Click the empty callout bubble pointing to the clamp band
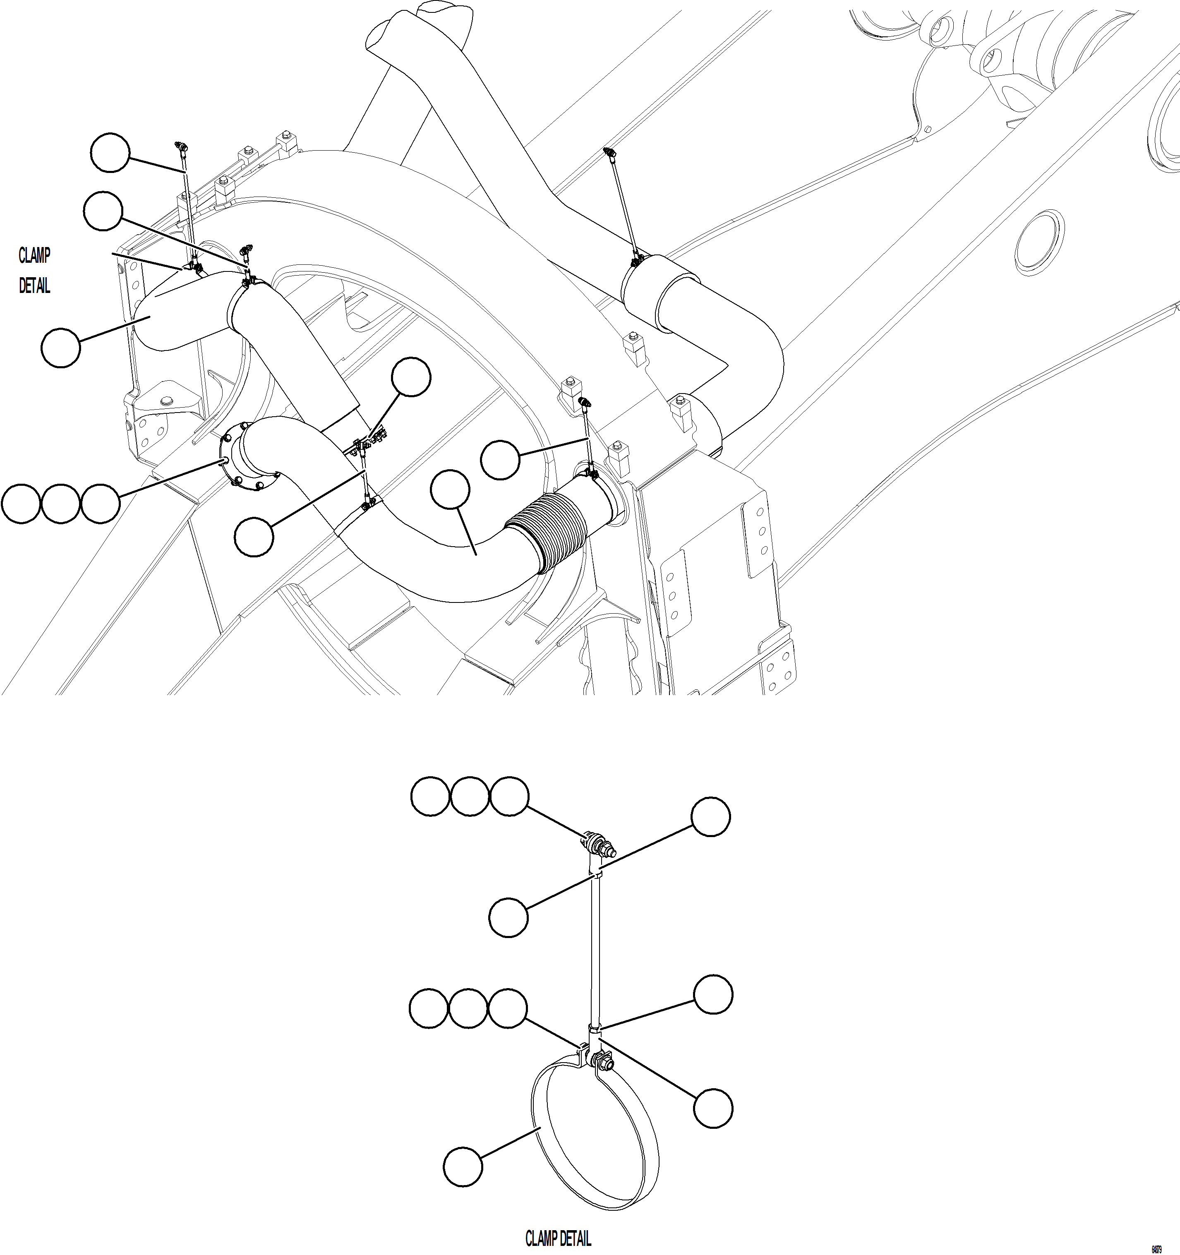(x=462, y=1168)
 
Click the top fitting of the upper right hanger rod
(x=609, y=152)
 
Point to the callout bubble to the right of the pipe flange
(x=254, y=537)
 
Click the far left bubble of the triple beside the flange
(x=21, y=504)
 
